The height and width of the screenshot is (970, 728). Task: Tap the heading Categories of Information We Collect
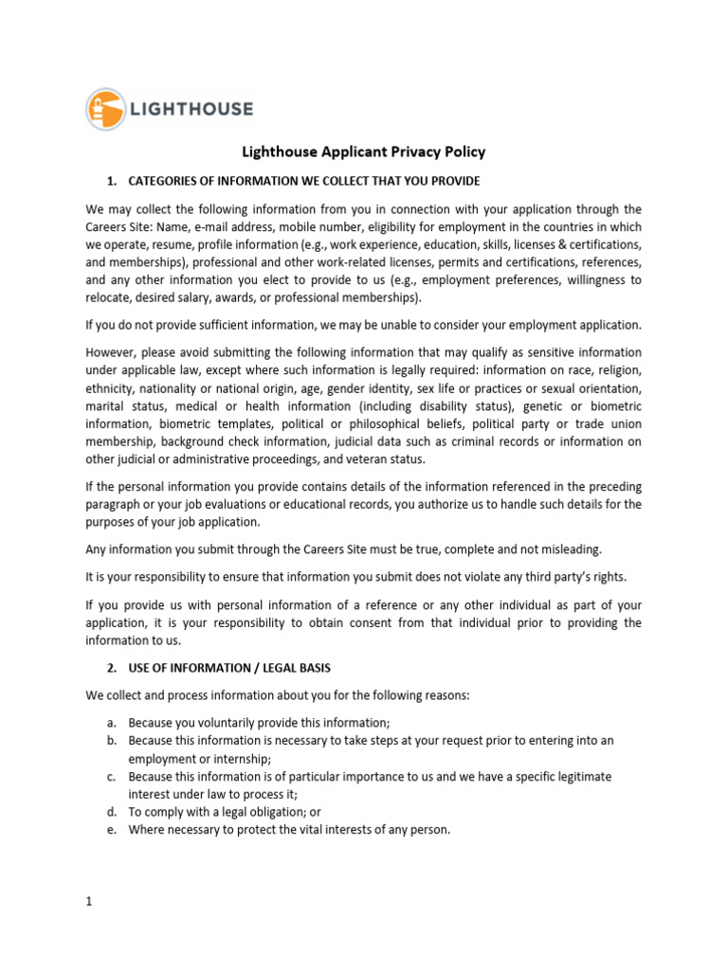[x=304, y=181]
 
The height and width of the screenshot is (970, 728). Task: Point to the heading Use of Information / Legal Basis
[x=229, y=668]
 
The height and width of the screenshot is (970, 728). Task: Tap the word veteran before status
[x=379, y=459]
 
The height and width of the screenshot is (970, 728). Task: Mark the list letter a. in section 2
[x=111, y=723]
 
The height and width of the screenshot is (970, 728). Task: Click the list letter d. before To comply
[x=111, y=813]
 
